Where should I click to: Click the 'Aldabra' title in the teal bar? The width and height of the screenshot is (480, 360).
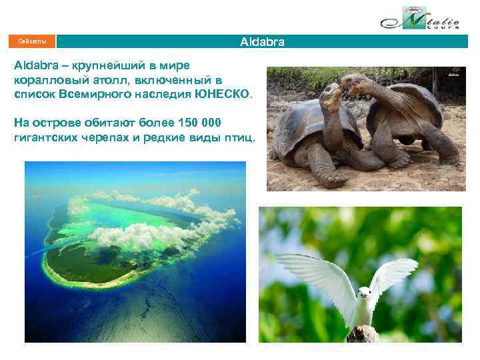coord(262,42)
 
